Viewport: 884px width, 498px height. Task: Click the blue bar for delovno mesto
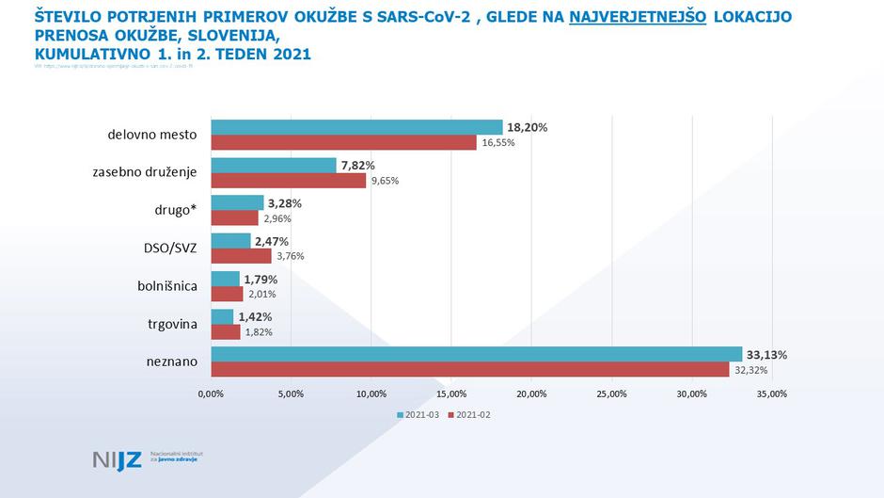[356, 127]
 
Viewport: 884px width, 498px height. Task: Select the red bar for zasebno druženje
[288, 180]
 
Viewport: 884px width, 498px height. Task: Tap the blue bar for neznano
[476, 354]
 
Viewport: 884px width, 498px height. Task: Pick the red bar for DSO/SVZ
[241, 255]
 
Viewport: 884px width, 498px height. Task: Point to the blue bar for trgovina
[222, 316]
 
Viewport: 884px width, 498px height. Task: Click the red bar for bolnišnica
[227, 293]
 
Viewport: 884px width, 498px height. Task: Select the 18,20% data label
[528, 127]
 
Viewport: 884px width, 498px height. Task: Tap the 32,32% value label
[749, 370]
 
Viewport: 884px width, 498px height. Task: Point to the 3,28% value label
[285, 202]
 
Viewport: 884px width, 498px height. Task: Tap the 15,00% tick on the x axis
[451, 394]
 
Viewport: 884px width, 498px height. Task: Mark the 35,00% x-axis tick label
[771, 394]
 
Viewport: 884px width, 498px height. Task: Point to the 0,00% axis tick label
[211, 394]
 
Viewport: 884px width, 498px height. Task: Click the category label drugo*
[176, 210]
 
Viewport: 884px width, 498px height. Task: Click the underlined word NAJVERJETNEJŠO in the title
[638, 17]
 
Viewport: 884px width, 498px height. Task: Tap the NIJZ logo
[117, 460]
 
